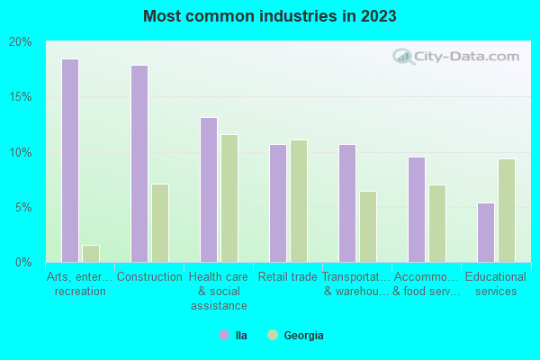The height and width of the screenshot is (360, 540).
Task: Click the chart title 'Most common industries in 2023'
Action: pyautogui.click(x=269, y=16)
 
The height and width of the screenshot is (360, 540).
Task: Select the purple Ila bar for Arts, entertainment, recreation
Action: pyautogui.click(x=70, y=160)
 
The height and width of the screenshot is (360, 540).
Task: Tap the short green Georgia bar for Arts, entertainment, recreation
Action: pyautogui.click(x=91, y=253)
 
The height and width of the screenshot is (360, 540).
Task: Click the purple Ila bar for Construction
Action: pyautogui.click(x=139, y=163)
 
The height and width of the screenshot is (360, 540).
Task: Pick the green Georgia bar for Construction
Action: pyautogui.click(x=160, y=222)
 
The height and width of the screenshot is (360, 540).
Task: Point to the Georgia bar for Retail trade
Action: pyautogui.click(x=299, y=201)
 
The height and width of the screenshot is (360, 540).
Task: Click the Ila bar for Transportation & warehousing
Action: pyautogui.click(x=347, y=202)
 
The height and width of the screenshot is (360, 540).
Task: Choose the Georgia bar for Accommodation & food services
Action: pyautogui.click(x=437, y=223)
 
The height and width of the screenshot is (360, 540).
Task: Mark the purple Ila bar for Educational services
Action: pyautogui.click(x=486, y=232)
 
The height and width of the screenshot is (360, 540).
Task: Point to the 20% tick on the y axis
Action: pyautogui.click(x=21, y=41)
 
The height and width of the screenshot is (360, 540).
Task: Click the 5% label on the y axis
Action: pyautogui.click(x=23, y=207)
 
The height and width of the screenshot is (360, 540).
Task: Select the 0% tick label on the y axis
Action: pyautogui.click(x=23, y=262)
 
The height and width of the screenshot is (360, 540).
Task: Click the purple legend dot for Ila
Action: pyautogui.click(x=223, y=335)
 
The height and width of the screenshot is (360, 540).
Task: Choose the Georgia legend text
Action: pyautogui.click(x=303, y=336)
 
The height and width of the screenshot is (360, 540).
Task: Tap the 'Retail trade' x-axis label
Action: pyautogui.click(x=288, y=277)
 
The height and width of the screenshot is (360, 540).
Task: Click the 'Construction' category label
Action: pyautogui.click(x=149, y=277)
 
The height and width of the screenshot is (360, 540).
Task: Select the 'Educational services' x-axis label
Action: pyautogui.click(x=496, y=284)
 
